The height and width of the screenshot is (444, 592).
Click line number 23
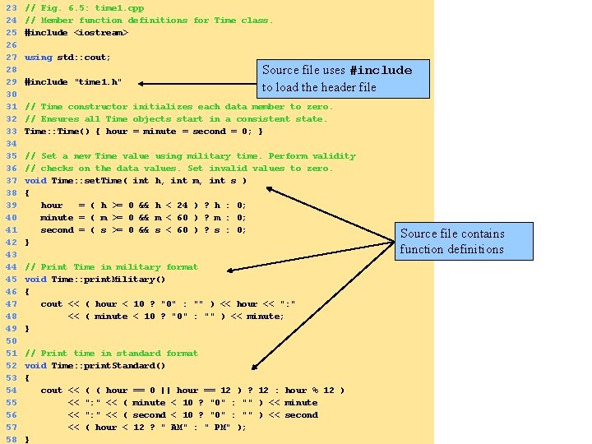12,7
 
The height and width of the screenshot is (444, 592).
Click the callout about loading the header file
336,78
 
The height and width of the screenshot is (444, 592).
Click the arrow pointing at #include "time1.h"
197,82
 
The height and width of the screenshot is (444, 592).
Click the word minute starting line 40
57,217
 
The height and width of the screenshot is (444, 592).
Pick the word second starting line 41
57,229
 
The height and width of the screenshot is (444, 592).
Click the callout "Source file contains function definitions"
452,241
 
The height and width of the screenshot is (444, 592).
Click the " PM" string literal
218,427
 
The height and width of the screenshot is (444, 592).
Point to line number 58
12,439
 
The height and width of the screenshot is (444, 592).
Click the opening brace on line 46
27,291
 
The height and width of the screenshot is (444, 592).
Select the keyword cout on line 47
51,303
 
